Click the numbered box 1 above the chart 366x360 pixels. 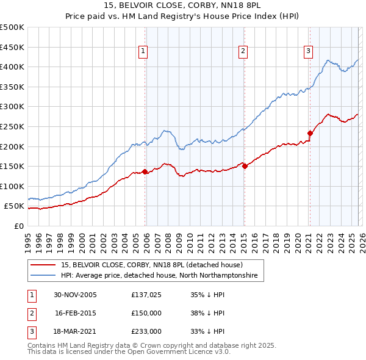click(143, 51)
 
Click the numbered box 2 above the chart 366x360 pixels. click(243, 51)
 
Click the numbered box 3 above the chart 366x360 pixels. click(309, 51)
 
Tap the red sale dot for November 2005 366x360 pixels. click(145, 171)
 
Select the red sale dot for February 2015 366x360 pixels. click(245, 166)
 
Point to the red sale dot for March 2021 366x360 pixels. click(310, 133)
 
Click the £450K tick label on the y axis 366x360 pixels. click(12, 47)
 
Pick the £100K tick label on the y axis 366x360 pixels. click(12, 186)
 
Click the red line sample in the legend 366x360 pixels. click(44, 265)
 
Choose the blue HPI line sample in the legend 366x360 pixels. click(44, 276)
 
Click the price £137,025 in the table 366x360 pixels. click(145, 294)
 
